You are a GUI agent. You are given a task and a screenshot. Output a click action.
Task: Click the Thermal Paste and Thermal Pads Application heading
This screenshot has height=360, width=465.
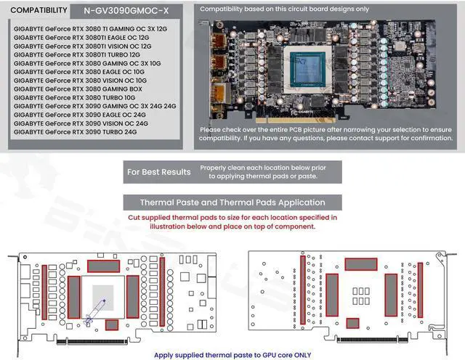pos(232,202)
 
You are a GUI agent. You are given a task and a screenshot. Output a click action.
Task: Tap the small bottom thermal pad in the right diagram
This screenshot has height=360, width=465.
pos(352,323)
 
